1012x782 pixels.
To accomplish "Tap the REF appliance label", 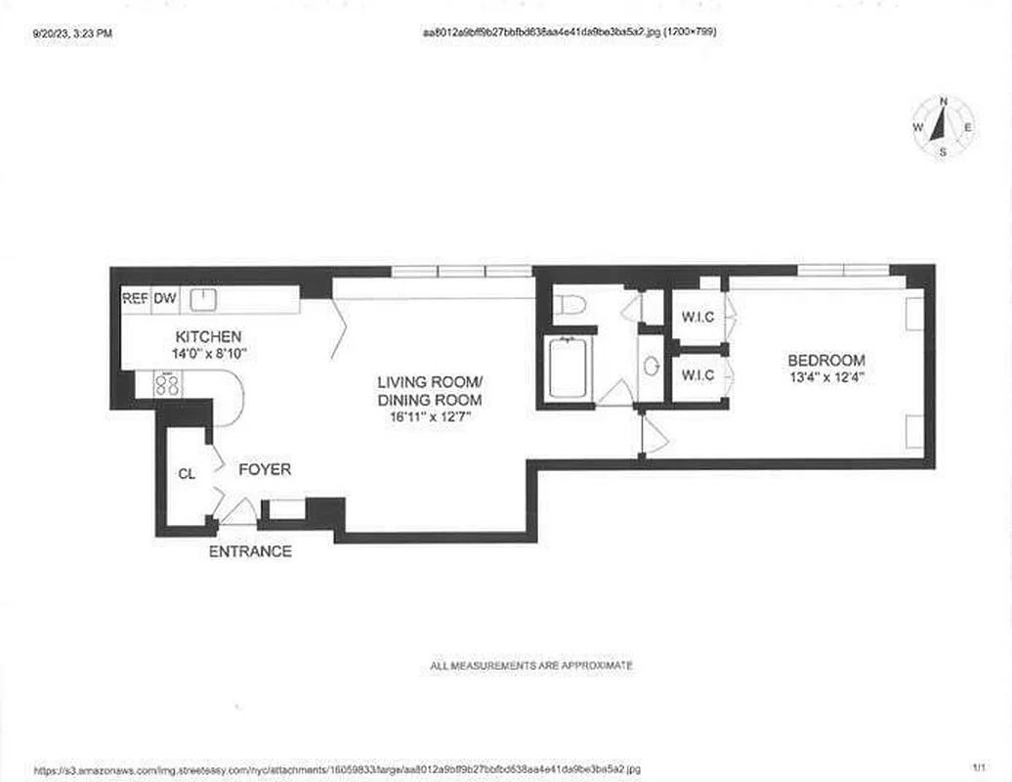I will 134,299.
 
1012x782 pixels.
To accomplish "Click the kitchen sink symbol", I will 202,299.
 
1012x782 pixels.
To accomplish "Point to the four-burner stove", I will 167,383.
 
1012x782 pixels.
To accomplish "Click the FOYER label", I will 265,470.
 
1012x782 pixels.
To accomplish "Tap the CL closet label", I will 187,474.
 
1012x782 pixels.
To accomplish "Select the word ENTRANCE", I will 250,551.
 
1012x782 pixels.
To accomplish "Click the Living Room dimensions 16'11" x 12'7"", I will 430,415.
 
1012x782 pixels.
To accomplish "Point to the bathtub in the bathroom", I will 568,368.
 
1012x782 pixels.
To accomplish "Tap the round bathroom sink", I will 651,367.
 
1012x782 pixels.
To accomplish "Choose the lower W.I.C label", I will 697,374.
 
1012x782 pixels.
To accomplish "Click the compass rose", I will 943,127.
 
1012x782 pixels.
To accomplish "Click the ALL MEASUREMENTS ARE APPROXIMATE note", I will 531,666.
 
